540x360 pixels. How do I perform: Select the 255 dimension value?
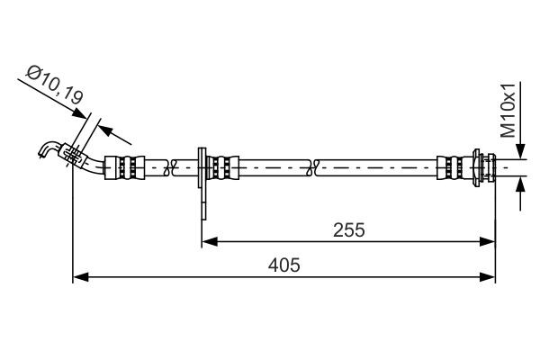(x=348, y=229)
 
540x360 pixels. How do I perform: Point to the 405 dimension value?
(x=283, y=265)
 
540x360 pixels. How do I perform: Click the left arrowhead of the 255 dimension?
(x=207, y=240)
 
